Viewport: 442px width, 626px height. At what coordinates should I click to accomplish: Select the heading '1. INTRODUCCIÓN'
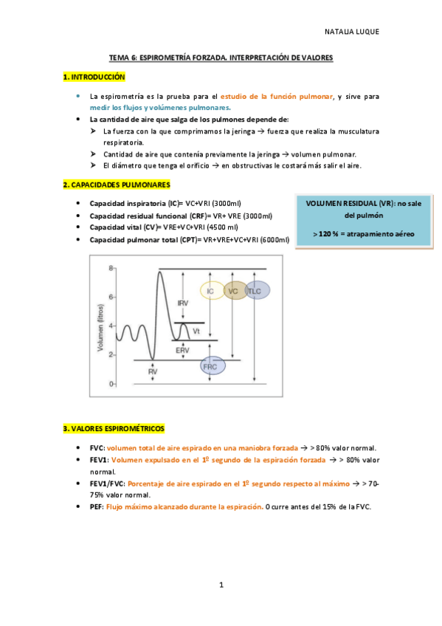pyautogui.click(x=94, y=77)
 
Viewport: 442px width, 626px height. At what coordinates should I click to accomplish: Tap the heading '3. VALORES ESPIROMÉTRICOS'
pyautogui.click(x=114, y=428)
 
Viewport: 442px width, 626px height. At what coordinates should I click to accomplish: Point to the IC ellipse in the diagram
pyautogui.click(x=212, y=292)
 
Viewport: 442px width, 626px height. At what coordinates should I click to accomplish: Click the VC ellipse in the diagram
pyautogui.click(x=235, y=292)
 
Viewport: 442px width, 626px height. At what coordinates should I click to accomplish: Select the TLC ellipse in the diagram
pyautogui.click(x=256, y=292)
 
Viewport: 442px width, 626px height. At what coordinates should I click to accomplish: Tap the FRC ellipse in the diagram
pyautogui.click(x=212, y=366)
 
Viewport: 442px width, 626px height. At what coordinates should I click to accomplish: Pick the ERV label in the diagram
pyautogui.click(x=183, y=349)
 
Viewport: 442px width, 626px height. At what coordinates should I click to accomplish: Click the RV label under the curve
pyautogui.click(x=153, y=372)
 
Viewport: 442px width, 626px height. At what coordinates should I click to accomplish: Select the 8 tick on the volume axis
pyautogui.click(x=111, y=268)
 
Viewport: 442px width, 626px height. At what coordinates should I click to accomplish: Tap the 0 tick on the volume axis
pyautogui.click(x=111, y=384)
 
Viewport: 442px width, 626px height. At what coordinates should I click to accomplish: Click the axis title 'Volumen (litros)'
pyautogui.click(x=100, y=327)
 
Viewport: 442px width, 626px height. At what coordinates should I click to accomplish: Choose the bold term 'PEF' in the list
pyautogui.click(x=97, y=506)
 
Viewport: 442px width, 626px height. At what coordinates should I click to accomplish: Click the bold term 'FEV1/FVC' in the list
pyautogui.click(x=106, y=483)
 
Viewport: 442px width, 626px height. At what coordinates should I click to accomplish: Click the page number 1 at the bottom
pyautogui.click(x=221, y=585)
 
